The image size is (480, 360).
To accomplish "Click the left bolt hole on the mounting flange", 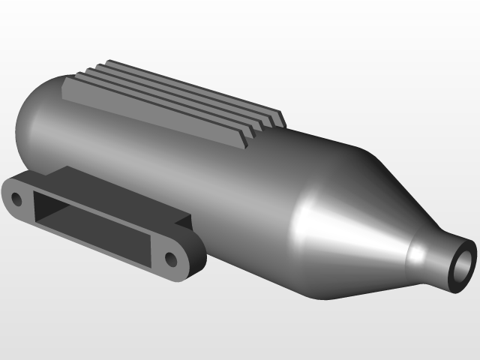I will pyautogui.click(x=16, y=199).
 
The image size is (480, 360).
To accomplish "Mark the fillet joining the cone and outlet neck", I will pyautogui.click(x=414, y=251).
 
